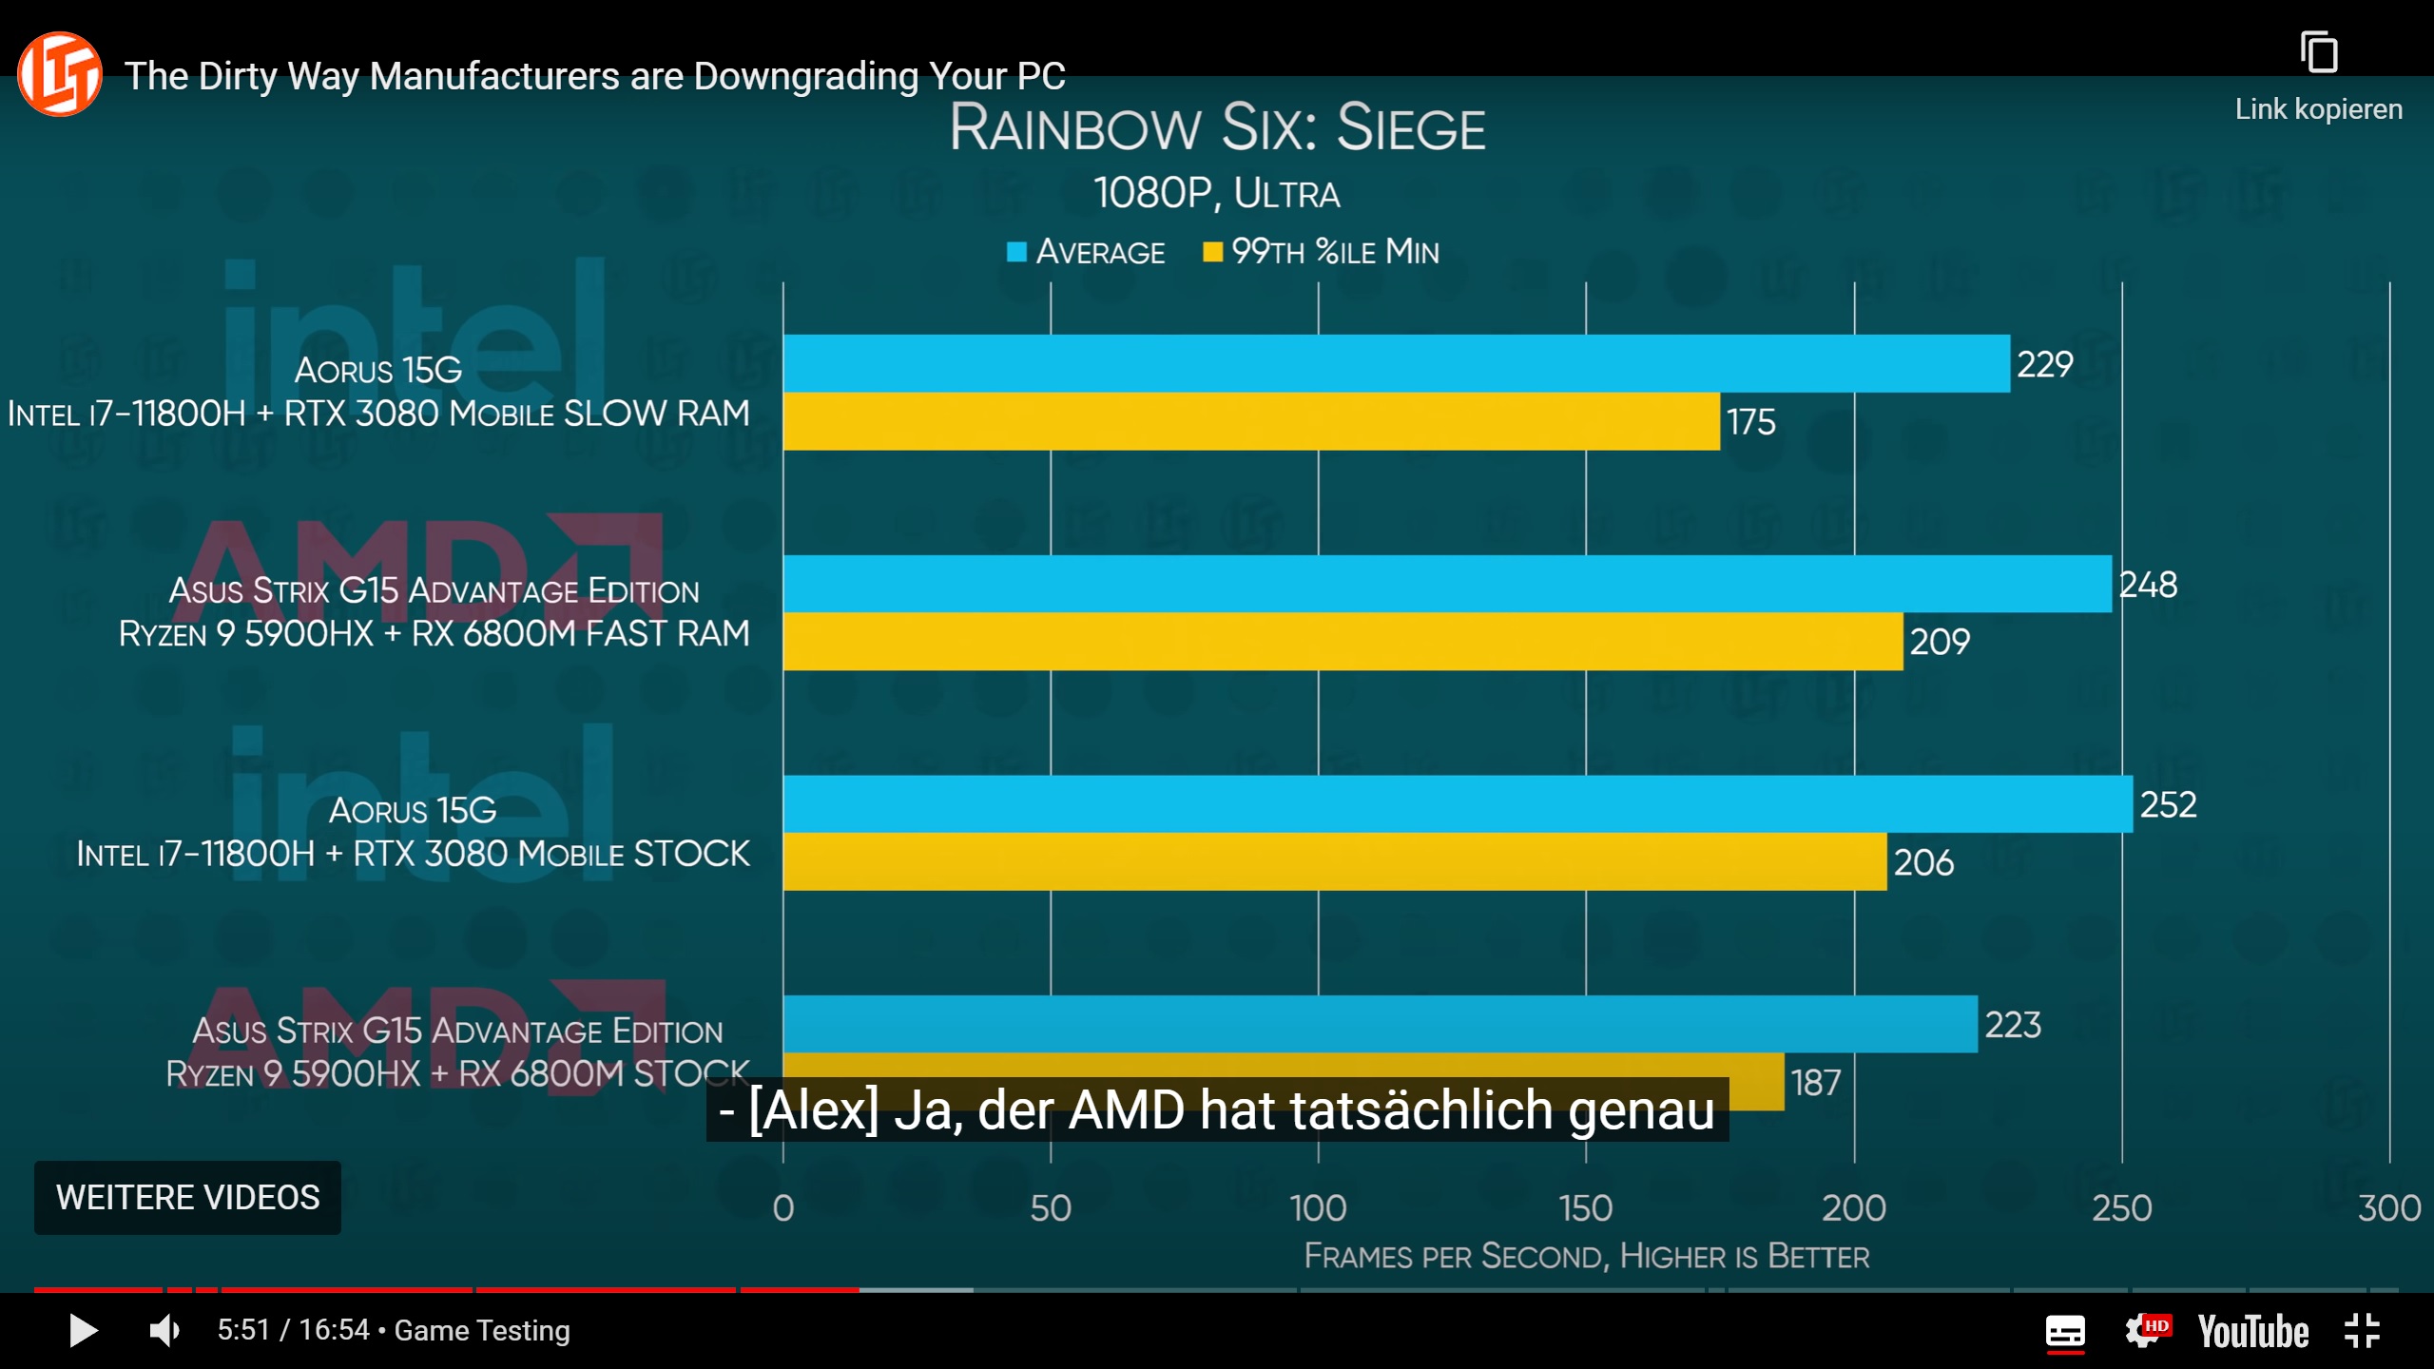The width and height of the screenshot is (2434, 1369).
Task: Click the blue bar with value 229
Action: pyautogui.click(x=1396, y=363)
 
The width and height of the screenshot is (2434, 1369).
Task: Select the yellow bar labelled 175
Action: pyautogui.click(x=1251, y=421)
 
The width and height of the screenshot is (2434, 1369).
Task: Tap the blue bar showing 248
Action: pyautogui.click(x=1447, y=584)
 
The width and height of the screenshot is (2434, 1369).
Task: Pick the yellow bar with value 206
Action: pyautogui.click(x=1335, y=861)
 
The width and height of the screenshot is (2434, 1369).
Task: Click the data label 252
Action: pyautogui.click(x=2168, y=805)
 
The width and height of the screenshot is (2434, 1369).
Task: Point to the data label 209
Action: pyautogui.click(x=1940, y=642)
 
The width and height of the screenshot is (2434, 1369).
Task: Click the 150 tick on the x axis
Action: pyautogui.click(x=1585, y=1208)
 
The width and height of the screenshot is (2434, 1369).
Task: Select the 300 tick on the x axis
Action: pyautogui.click(x=2388, y=1208)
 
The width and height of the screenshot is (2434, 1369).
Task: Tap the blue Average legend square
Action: pyautogui.click(x=1016, y=252)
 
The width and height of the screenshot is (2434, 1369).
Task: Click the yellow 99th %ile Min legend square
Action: pyautogui.click(x=1212, y=252)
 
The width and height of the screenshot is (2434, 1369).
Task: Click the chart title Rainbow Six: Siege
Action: pyautogui.click(x=1217, y=128)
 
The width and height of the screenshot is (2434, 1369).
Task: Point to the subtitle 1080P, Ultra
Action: pyautogui.click(x=1217, y=194)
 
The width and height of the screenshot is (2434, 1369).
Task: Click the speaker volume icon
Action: pyautogui.click(x=164, y=1330)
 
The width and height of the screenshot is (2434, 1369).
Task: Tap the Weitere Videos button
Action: pyautogui.click(x=187, y=1197)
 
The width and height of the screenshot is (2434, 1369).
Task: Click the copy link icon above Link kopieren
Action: pyautogui.click(x=2318, y=52)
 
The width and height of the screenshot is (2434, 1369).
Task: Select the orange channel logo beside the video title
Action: pyautogui.click(x=60, y=74)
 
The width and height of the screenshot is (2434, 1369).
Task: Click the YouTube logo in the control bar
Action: pyautogui.click(x=2252, y=1331)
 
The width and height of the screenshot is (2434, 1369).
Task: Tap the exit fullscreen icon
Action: pyautogui.click(x=2362, y=1331)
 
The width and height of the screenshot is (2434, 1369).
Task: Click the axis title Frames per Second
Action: pyautogui.click(x=1586, y=1256)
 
